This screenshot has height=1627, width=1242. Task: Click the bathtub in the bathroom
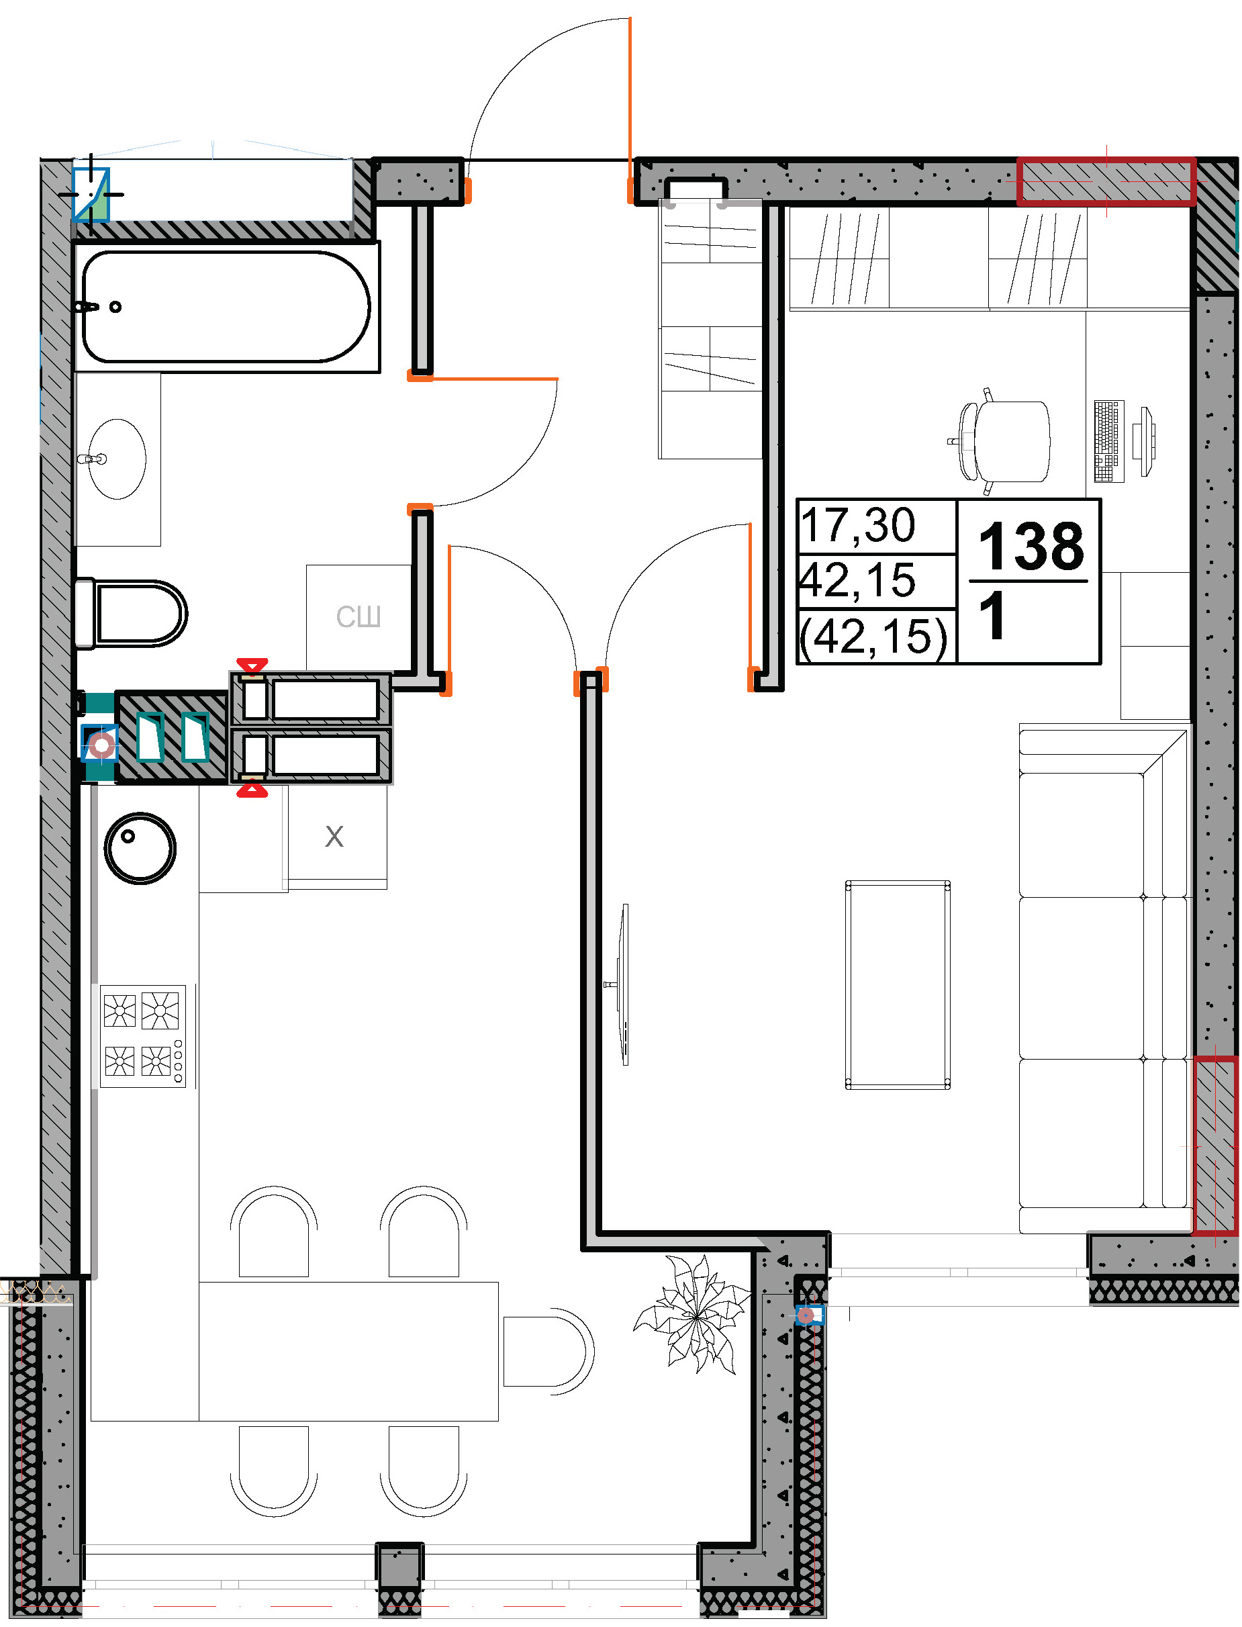pyautogui.click(x=228, y=307)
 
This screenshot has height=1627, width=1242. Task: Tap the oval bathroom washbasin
pyautogui.click(x=117, y=459)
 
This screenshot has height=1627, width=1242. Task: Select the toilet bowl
pyautogui.click(x=131, y=614)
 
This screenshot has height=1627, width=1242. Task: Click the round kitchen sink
pyautogui.click(x=140, y=848)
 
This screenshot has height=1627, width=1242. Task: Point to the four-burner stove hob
pyautogui.click(x=144, y=1035)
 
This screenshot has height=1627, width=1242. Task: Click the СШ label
pyautogui.click(x=359, y=616)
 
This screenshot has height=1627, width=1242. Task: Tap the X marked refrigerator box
pyautogui.click(x=337, y=836)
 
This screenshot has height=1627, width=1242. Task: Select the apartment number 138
pyautogui.click(x=1031, y=547)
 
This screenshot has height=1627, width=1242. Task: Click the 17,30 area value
pyautogui.click(x=858, y=525)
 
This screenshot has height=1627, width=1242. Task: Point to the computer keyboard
pyautogui.click(x=1109, y=441)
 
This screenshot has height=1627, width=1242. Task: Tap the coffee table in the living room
pyautogui.click(x=898, y=984)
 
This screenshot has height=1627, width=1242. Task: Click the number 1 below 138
pyautogui.click(x=992, y=616)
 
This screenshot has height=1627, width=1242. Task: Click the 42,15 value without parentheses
pyautogui.click(x=858, y=580)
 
